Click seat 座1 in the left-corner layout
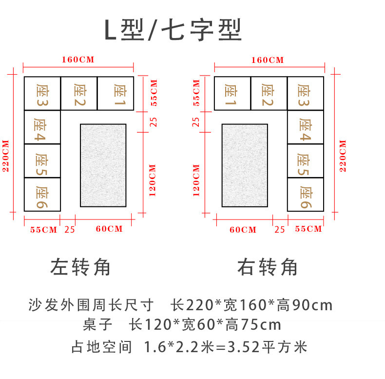click(x=115, y=93)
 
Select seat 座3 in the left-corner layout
click(x=42, y=93)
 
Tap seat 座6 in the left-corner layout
click(x=42, y=195)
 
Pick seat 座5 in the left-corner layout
click(x=42, y=161)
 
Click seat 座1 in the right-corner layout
click(x=232, y=93)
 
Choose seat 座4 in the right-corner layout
click(x=306, y=127)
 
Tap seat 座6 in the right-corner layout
click(x=306, y=195)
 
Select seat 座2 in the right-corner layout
click(x=269, y=93)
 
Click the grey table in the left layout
click(x=103, y=165)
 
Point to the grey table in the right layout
click(x=245, y=165)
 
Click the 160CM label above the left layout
click(x=78, y=60)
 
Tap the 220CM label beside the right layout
click(x=343, y=156)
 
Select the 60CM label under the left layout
click(x=109, y=229)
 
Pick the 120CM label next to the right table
click(x=196, y=180)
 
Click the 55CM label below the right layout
click(x=308, y=229)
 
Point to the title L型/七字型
click(x=173, y=30)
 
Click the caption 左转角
click(x=80, y=267)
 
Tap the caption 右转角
click(x=268, y=267)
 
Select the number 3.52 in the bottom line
click(x=243, y=347)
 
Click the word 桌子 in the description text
click(x=98, y=324)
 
